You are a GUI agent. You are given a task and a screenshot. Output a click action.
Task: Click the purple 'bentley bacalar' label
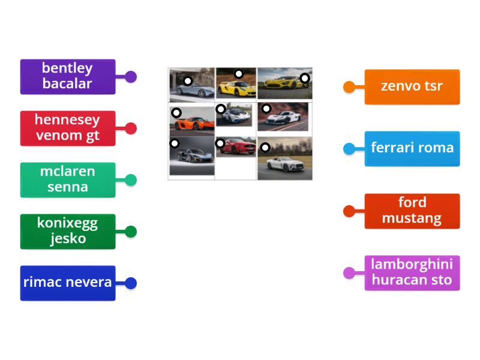click(67, 76)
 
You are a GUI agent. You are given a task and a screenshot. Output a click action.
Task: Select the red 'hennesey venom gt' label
click(67, 128)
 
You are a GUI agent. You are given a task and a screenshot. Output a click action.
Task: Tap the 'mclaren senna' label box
click(67, 179)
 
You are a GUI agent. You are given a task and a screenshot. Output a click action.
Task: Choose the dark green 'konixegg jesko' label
click(67, 231)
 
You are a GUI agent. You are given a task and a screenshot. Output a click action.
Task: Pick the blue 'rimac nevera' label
click(67, 283)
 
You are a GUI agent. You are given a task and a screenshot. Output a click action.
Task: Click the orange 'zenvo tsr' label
click(412, 86)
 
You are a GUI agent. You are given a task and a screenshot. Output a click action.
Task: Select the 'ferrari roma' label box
click(412, 148)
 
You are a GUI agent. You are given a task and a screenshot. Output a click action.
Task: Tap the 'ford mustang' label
click(412, 211)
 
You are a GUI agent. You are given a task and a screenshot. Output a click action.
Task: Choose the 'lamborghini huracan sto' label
click(412, 272)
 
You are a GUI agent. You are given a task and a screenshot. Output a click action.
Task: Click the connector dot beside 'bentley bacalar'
click(131, 77)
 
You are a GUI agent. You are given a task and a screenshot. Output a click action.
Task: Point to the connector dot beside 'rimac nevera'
click(131, 283)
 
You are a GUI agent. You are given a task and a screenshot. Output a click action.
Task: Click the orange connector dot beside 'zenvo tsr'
click(349, 87)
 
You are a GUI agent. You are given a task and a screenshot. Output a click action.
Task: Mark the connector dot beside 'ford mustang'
click(349, 211)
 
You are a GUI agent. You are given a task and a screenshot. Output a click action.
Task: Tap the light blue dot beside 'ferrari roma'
click(349, 149)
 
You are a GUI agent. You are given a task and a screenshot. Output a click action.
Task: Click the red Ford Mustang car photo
click(236, 147)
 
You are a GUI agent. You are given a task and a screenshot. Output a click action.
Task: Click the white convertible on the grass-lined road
click(285, 161)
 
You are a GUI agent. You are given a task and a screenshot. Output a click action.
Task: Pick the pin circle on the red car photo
click(220, 143)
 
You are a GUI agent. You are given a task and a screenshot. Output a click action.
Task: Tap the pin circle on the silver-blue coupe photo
click(188, 81)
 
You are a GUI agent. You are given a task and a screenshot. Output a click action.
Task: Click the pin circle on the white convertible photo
click(265, 147)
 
